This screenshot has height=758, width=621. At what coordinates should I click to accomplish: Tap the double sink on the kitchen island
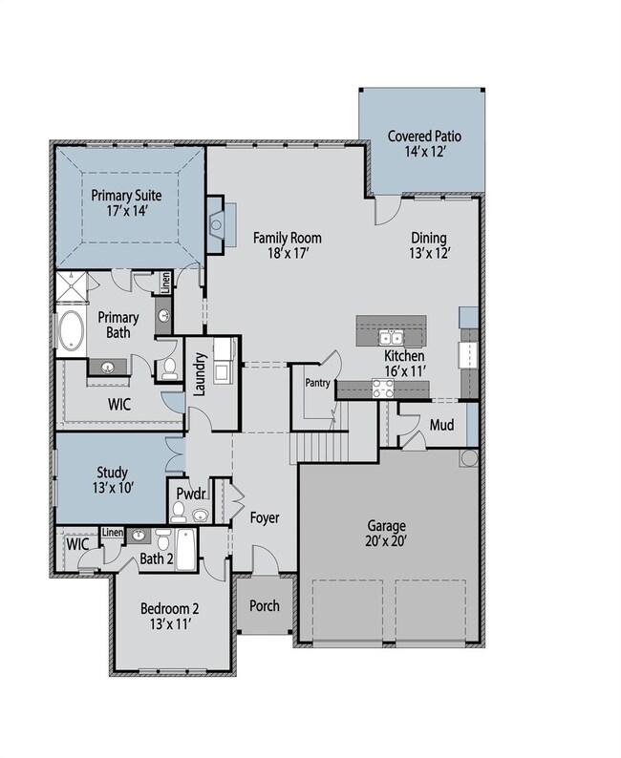coord(391,338)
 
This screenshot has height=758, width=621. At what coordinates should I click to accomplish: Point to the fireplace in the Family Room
coord(217,226)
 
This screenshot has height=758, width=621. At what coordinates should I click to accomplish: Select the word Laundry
coord(201,374)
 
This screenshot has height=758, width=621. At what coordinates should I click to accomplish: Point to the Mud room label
coord(440,424)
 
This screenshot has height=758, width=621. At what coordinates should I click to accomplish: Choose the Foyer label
coord(265,518)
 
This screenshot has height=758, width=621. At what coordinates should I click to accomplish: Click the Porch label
coord(264,606)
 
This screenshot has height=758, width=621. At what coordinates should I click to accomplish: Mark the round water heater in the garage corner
coord(468,459)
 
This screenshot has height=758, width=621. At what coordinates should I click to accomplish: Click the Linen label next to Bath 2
coord(112,532)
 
